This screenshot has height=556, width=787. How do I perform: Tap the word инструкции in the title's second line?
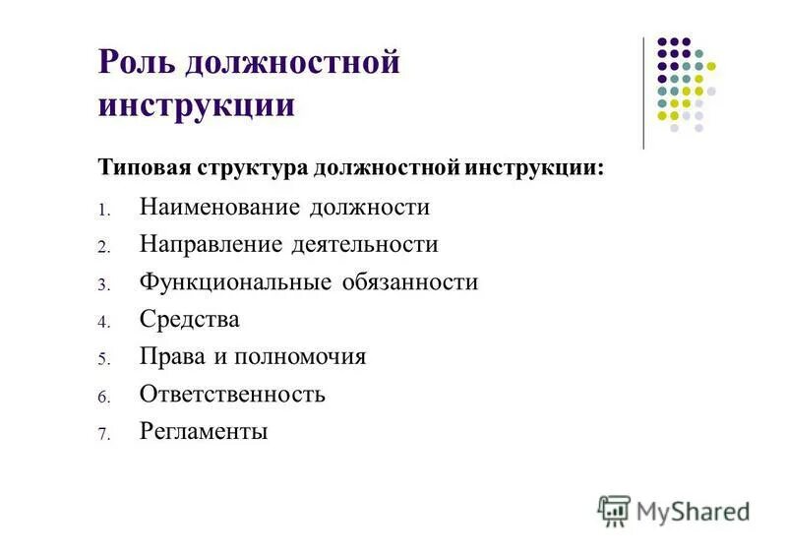pos(196,104)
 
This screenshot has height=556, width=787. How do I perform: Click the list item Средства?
pos(189,319)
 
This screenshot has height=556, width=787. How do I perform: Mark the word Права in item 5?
pos(168,356)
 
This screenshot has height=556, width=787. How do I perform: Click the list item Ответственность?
pos(231,395)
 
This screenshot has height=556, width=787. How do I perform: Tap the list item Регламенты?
pos(204,432)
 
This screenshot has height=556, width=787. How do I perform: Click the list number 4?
pos(101,322)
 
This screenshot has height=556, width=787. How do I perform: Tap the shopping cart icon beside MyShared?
pos(614,510)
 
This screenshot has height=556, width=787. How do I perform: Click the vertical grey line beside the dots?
pos(643,93)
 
